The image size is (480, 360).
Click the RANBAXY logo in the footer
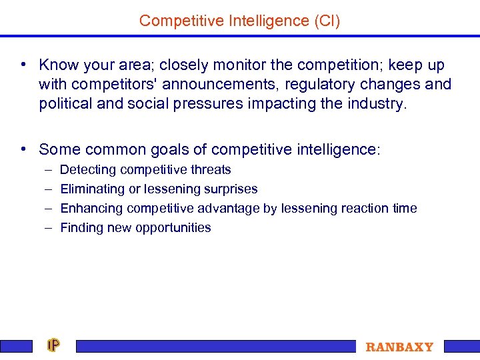399,347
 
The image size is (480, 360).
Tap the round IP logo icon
53,345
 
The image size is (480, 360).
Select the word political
65,104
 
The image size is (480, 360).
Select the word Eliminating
93,189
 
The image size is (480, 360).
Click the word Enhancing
91,209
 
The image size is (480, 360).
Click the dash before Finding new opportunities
48,228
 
